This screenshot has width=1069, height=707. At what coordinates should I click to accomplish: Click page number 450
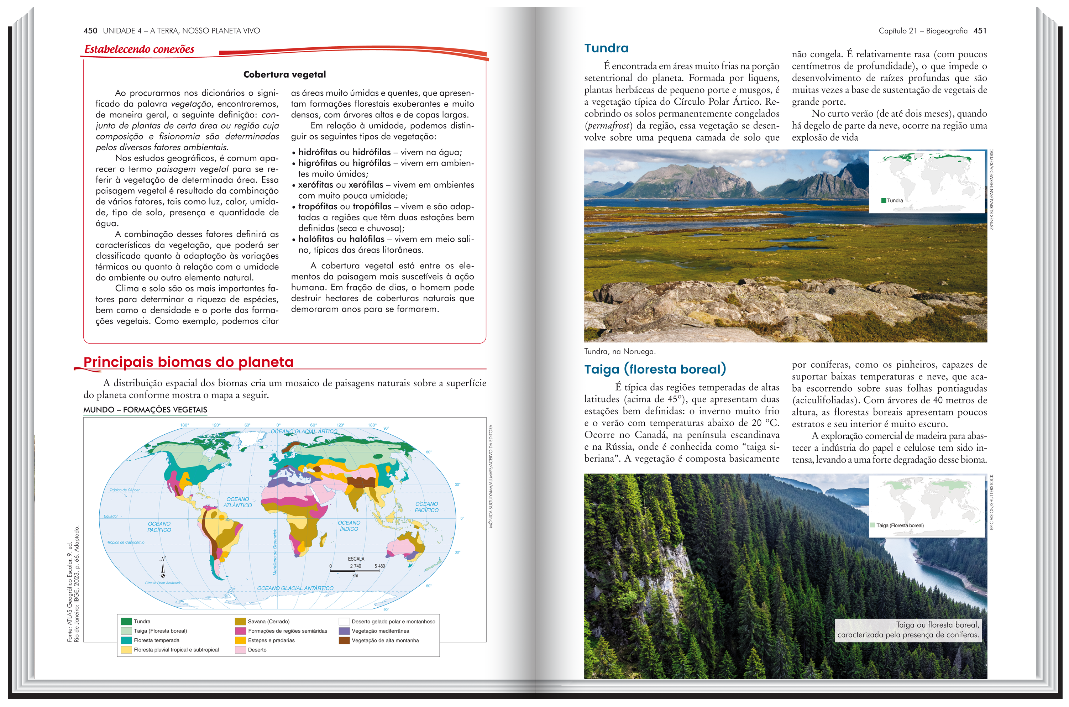click(x=90, y=31)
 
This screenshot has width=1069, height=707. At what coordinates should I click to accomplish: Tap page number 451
click(x=980, y=31)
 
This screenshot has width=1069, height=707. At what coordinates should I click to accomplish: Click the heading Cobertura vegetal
click(x=284, y=74)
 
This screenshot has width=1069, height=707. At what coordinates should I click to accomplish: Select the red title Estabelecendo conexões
click(x=139, y=49)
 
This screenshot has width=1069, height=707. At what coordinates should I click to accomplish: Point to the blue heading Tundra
click(x=606, y=48)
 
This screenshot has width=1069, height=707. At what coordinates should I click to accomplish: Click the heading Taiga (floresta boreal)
click(x=655, y=369)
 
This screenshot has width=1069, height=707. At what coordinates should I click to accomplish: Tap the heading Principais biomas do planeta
click(x=188, y=362)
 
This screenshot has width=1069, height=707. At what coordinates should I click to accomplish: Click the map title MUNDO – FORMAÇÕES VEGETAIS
click(x=145, y=410)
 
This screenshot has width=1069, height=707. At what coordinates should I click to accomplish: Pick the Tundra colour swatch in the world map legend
click(x=126, y=621)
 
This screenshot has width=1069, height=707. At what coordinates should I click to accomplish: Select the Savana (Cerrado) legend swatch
click(x=240, y=621)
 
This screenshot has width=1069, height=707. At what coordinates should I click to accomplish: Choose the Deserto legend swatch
click(x=240, y=650)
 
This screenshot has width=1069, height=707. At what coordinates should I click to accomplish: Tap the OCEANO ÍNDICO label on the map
click(x=349, y=526)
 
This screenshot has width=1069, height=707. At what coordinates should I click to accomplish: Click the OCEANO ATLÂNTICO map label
click(x=237, y=502)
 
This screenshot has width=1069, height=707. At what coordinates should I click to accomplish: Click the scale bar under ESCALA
click(x=355, y=571)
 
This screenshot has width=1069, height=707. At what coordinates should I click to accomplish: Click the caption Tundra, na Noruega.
click(x=619, y=352)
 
